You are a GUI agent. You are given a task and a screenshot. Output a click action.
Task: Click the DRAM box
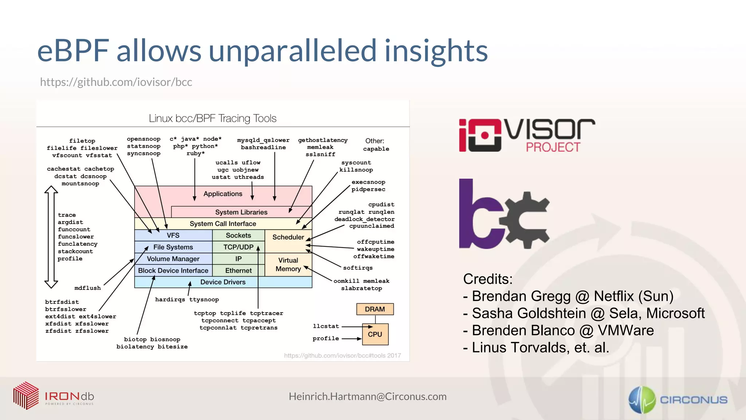tap(374, 309)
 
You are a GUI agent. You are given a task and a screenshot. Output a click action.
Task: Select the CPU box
tap(375, 334)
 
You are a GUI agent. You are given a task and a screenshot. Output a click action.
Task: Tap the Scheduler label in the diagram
tap(288, 237)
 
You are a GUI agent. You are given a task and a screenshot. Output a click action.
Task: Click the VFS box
tap(173, 235)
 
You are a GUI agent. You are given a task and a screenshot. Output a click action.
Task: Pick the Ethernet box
tap(238, 271)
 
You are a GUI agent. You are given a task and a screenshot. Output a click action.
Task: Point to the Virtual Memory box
tap(288, 265)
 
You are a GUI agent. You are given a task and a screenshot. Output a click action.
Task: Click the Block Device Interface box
tap(173, 271)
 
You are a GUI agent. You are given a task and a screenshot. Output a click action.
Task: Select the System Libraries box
tap(241, 212)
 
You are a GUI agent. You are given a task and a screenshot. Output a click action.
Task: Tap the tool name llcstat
tap(326, 326)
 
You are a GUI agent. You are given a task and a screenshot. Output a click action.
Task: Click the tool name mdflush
tap(87, 288)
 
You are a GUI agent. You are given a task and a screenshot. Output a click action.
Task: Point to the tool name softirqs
tap(358, 268)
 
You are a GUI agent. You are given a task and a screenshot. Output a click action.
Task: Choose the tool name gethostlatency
tap(323, 140)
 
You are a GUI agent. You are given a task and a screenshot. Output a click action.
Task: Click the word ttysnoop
tap(204, 300)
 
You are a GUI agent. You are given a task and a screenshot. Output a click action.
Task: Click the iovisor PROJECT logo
tap(526, 135)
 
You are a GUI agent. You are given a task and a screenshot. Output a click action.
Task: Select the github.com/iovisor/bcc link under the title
tap(116, 82)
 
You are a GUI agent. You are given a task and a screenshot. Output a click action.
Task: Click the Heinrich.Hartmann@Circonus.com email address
tap(368, 397)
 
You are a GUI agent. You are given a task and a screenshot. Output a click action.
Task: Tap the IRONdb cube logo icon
tap(26, 396)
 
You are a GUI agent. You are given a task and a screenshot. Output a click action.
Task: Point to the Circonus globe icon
tap(642, 400)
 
